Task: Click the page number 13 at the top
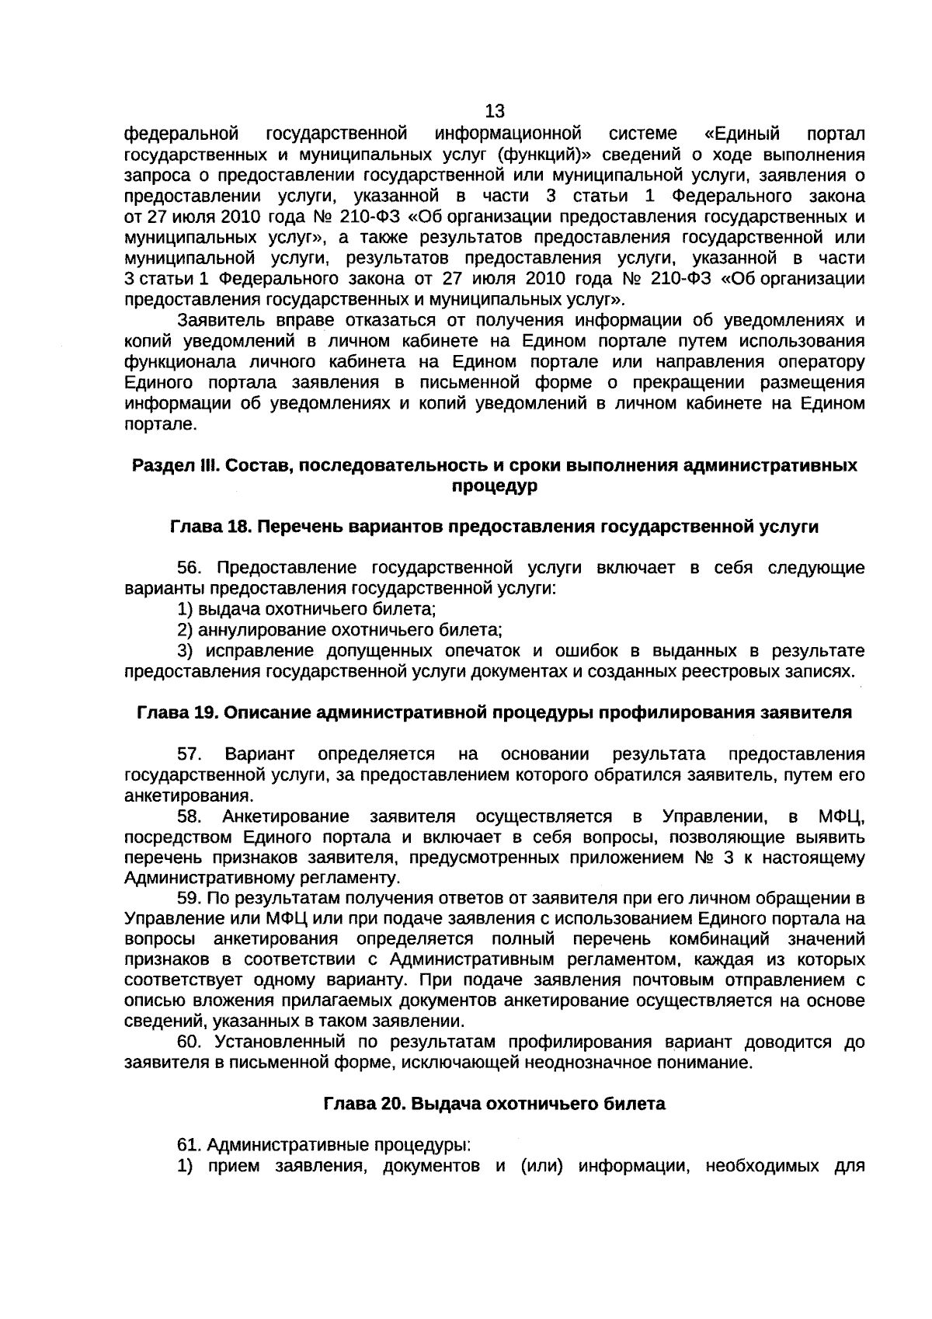[x=495, y=111]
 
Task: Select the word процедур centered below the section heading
[x=495, y=486]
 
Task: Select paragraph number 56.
[x=190, y=568]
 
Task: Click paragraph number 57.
[x=190, y=754]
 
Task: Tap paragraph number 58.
[x=190, y=816]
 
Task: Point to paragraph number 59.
[x=190, y=899]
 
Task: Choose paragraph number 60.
[x=190, y=1042]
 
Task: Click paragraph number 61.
[x=190, y=1145]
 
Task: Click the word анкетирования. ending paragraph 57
[x=189, y=796]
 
